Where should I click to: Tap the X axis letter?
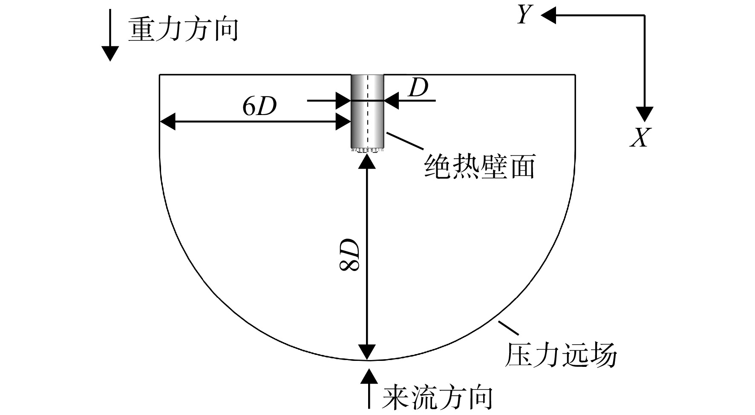pos(640,137)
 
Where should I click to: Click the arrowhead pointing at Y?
pos(548,16)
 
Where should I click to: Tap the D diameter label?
pos(418,89)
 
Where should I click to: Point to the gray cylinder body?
pos(367,112)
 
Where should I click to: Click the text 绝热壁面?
pos(480,166)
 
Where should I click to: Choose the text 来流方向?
pos(437,398)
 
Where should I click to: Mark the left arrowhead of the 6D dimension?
pos(167,122)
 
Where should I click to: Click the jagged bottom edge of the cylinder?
pos(367,150)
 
